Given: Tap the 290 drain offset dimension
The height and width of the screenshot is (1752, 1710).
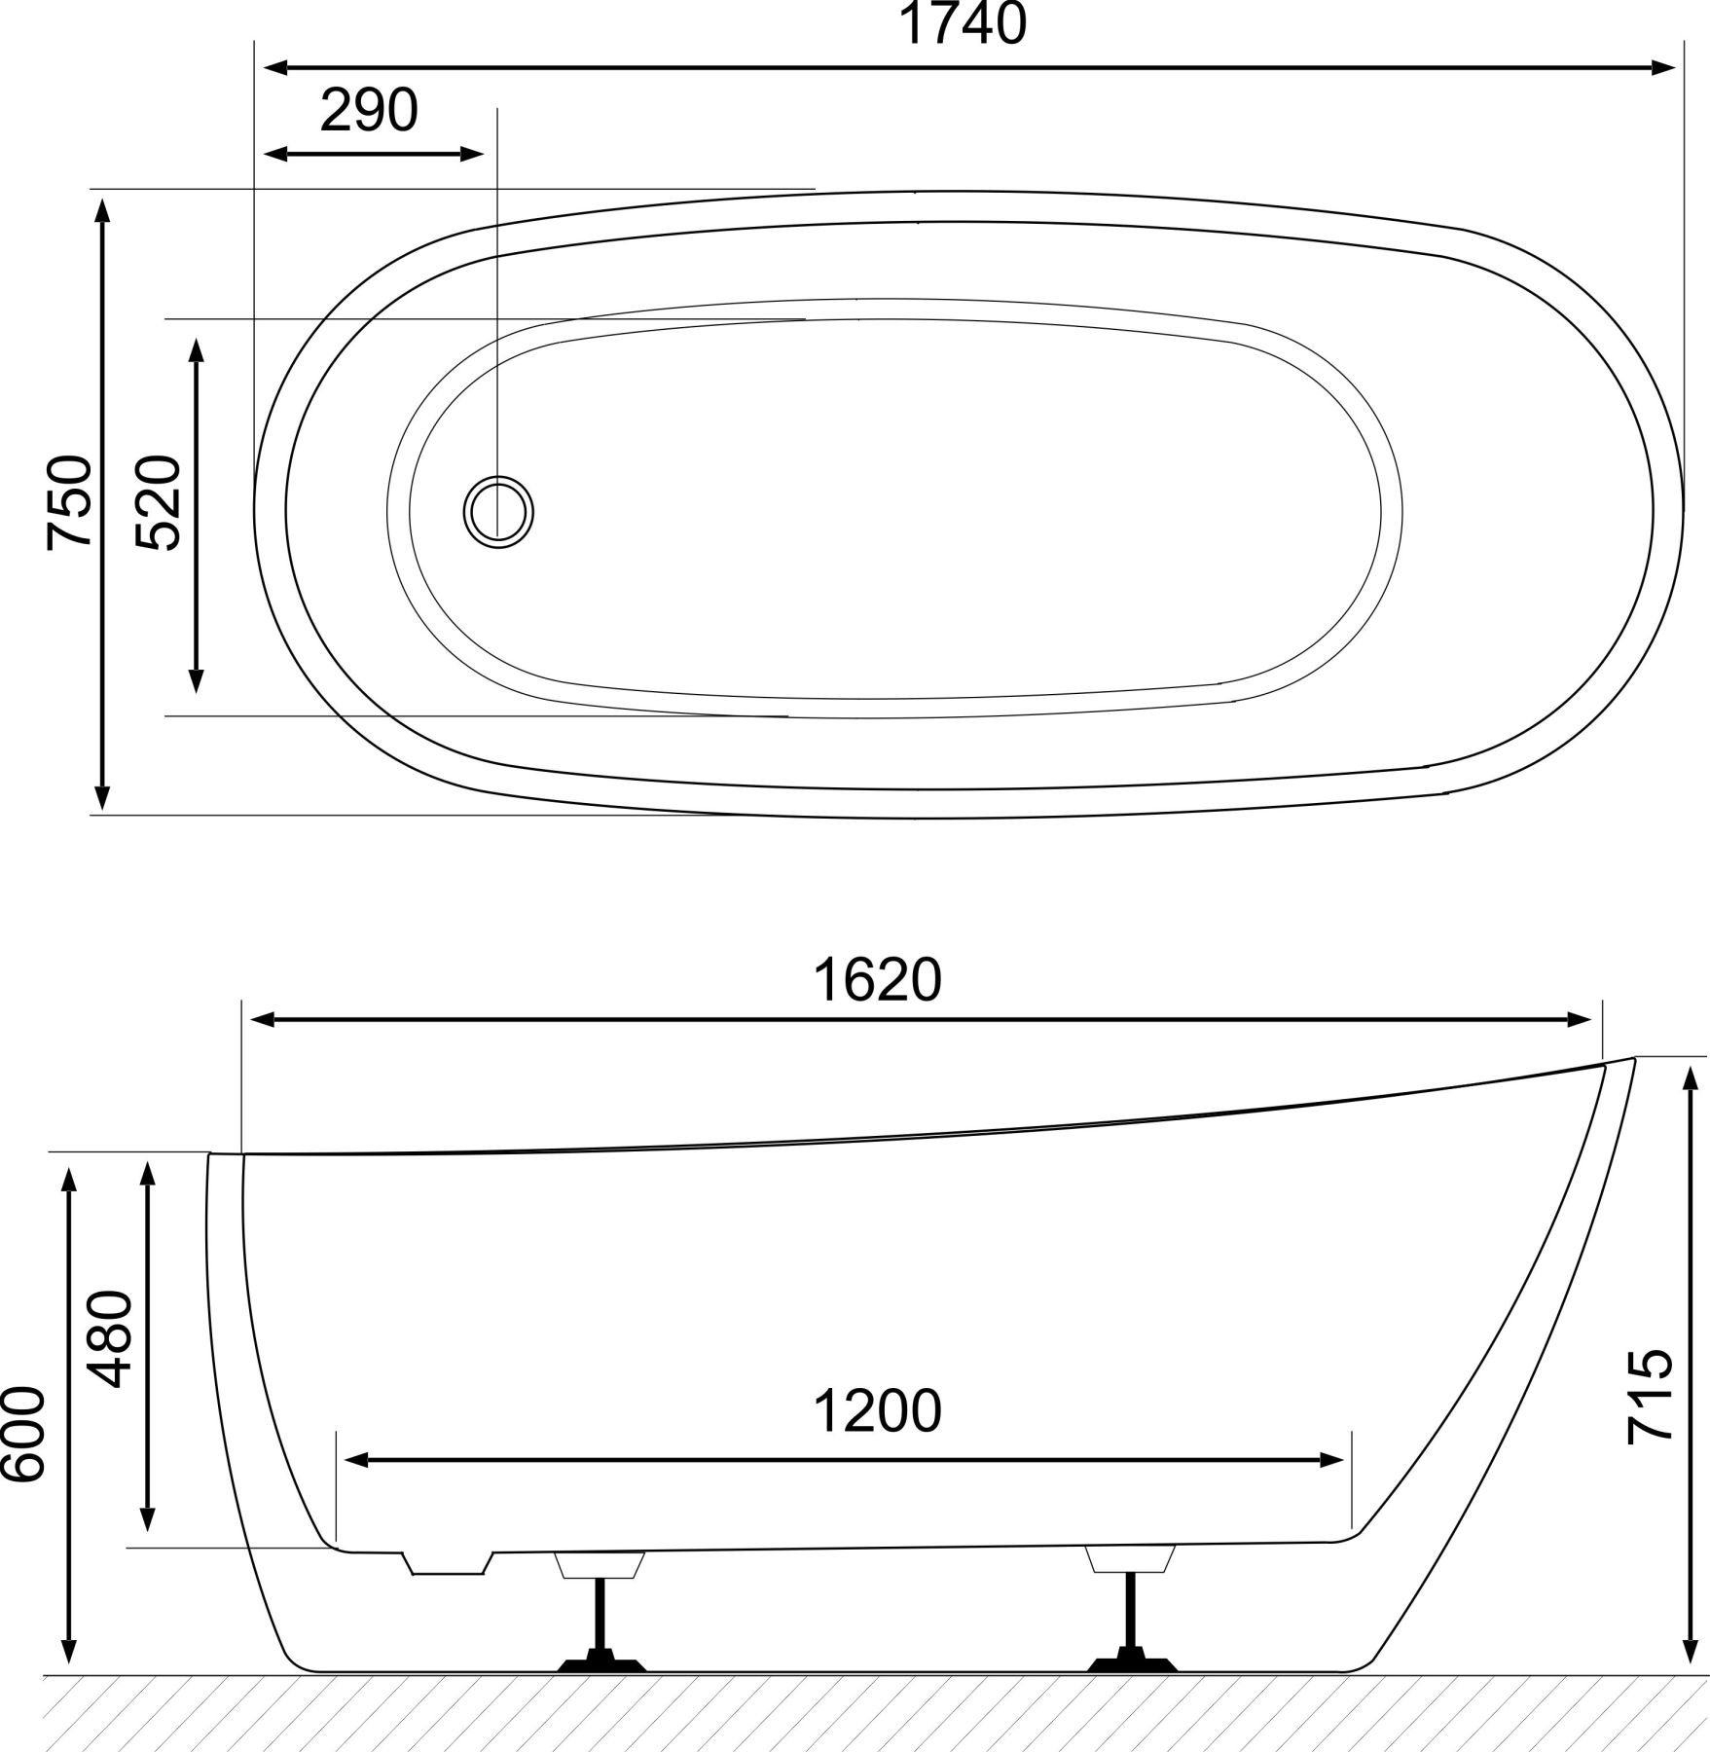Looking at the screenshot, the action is tap(369, 110).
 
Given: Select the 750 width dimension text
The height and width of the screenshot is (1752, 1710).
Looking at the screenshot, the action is tap(70, 502).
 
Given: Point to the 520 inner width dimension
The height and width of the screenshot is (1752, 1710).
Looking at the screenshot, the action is tap(159, 502).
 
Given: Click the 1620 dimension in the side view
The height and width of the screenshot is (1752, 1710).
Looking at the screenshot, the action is tap(878, 980).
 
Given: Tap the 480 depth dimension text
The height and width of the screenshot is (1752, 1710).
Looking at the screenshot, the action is tap(109, 1338).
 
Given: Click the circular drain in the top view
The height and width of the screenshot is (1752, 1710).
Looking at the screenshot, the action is tap(499, 511).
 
